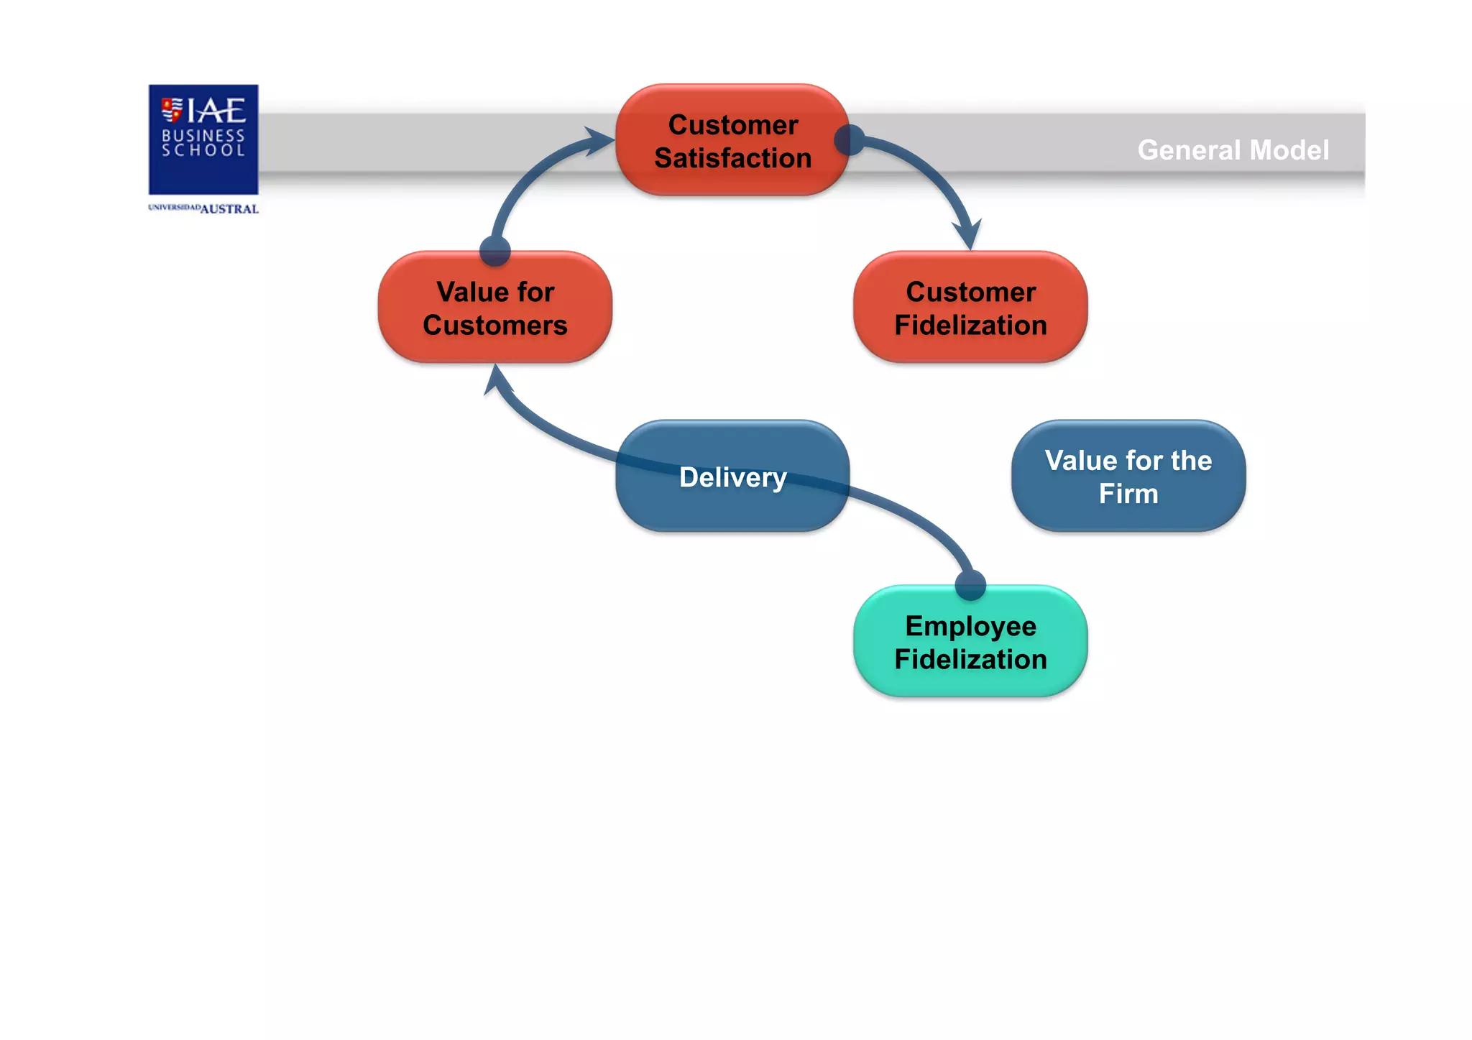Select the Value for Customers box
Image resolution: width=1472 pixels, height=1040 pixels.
pos(494,308)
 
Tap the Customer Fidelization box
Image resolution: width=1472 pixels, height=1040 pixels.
pos(970,308)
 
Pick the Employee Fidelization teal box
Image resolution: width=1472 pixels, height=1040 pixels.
pos(970,642)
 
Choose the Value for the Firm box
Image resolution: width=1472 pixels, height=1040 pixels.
pos(1128,476)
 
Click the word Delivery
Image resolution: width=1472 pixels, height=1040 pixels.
pos(732,477)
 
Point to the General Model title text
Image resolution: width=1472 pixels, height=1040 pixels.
pos(1233,150)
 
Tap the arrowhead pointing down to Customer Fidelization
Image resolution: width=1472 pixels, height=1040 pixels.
pos(967,236)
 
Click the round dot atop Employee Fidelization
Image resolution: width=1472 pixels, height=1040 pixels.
pos(970,585)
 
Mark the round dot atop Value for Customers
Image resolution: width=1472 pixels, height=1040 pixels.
pos(494,251)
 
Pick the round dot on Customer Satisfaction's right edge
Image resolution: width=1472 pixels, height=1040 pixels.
pos(850,140)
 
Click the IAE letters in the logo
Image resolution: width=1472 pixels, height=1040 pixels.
pos(216,111)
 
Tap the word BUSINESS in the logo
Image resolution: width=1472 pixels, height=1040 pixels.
pos(203,135)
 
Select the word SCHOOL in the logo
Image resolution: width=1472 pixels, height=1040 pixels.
pos(203,150)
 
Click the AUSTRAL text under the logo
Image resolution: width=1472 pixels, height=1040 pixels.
pos(229,209)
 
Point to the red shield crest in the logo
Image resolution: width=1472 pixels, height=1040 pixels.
pos(172,109)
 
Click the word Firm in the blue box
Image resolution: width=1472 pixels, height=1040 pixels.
pos(1128,494)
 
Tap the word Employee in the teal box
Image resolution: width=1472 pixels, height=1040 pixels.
pos(970,626)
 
